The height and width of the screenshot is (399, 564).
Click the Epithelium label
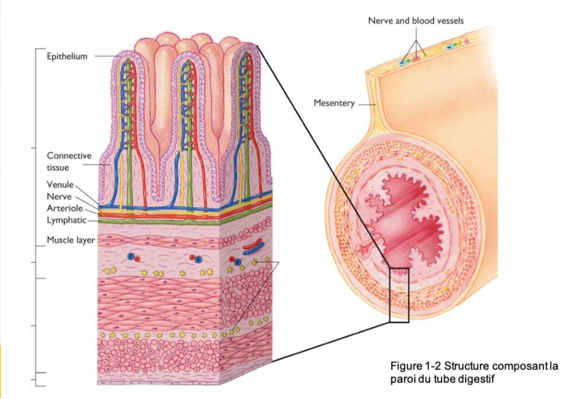[67, 57]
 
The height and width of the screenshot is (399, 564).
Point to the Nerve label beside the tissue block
[58, 196]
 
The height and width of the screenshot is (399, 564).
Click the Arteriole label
[64, 209]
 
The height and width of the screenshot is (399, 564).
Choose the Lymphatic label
[66, 220]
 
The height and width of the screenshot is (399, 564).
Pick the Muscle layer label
[70, 240]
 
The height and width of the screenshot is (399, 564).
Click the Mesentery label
[334, 103]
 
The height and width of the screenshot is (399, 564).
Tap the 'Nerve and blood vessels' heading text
[415, 21]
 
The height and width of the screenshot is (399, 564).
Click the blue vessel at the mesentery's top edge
[402, 63]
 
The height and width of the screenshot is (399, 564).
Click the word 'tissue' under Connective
[58, 168]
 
